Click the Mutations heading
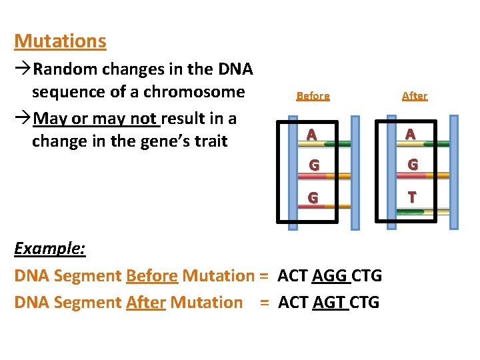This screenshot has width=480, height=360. coord(60,41)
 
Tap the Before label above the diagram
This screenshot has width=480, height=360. coord(313,96)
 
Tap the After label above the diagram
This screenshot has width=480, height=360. coord(414,96)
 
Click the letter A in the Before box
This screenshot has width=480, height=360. coord(311,135)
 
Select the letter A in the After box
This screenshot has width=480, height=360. coord(410,135)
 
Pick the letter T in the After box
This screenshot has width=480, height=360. coord(412,197)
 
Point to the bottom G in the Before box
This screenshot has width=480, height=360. coord(311,198)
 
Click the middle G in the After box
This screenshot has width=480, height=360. coord(413,165)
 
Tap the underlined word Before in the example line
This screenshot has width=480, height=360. coord(151,275)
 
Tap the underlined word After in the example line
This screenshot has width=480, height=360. coord(145,303)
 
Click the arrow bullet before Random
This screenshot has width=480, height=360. coord(23,69)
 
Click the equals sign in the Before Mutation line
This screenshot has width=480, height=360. coord(264,275)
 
